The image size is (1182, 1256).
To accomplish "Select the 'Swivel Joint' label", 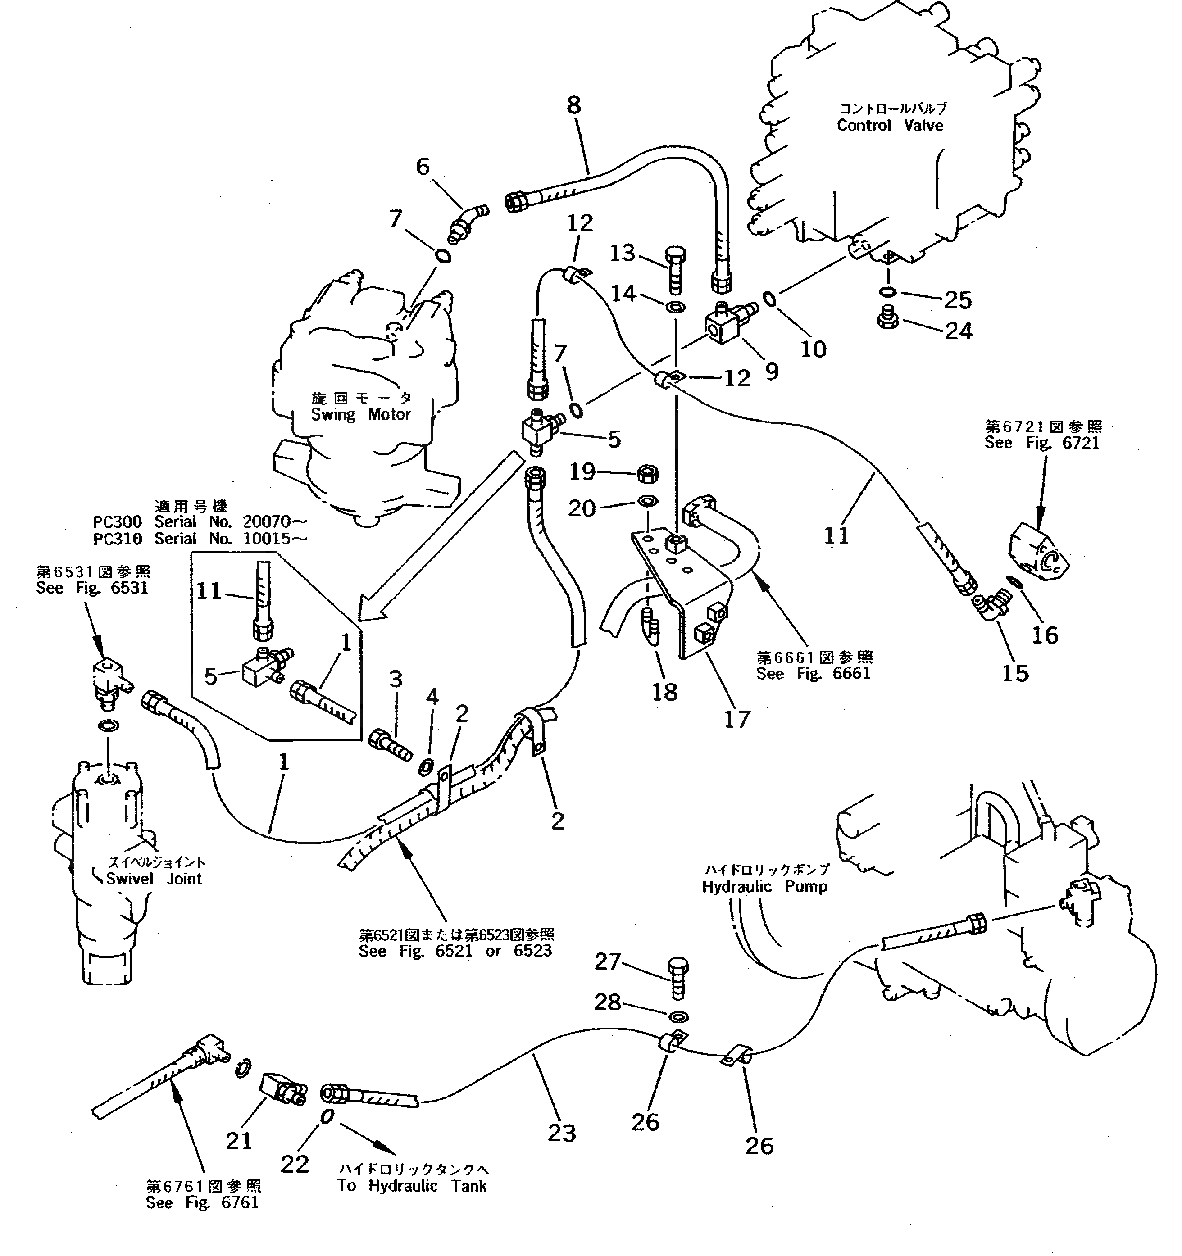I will click(x=154, y=878).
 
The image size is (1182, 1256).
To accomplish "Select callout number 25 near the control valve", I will click(x=958, y=299).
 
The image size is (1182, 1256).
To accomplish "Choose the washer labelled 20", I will click(x=647, y=502).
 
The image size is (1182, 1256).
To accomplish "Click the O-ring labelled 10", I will click(x=769, y=298).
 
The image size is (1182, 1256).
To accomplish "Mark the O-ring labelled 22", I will click(x=326, y=1117).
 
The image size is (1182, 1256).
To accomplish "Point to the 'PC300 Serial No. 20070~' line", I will click(x=200, y=522).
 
